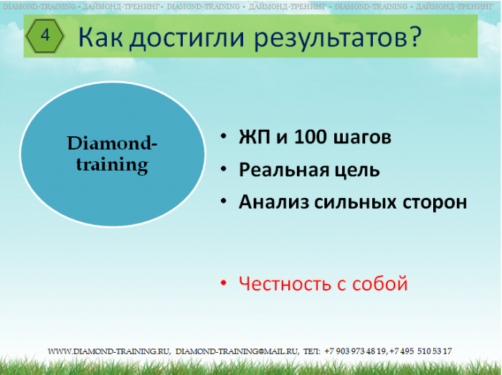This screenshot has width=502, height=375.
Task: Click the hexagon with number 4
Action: click(45, 36)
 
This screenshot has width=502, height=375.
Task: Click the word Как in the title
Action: click(100, 37)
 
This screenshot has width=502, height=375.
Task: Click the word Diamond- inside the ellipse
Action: click(112, 143)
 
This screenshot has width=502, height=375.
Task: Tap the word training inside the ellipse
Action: click(112, 165)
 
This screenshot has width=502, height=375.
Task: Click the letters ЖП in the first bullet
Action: click(254, 137)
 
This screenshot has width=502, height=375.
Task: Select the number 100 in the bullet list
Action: click(311, 137)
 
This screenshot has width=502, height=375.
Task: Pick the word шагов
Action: click(362, 138)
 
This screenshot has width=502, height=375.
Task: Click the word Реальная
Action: click(284, 170)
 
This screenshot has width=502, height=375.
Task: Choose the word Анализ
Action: click(274, 202)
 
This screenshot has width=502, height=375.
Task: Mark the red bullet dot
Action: click(224, 283)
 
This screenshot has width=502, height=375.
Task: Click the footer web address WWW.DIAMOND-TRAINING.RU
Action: click(109, 351)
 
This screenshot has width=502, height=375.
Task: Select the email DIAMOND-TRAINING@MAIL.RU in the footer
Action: click(237, 351)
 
